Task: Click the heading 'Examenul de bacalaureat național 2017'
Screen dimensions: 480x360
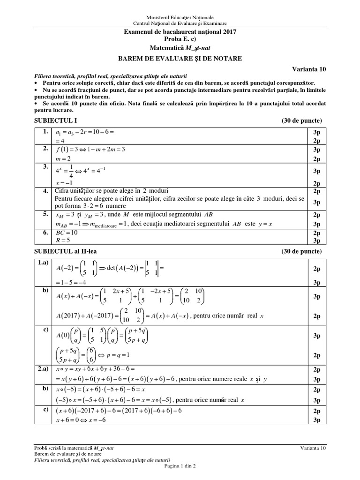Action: pyautogui.click(x=180, y=32)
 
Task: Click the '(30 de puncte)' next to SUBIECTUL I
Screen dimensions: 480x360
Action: pyautogui.click(x=301, y=120)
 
